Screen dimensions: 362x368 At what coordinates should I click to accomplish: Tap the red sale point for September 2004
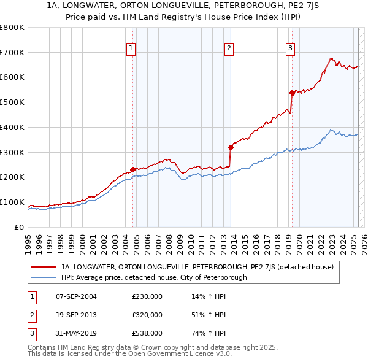click(x=132, y=169)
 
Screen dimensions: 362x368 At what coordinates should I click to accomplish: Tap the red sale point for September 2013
click(x=231, y=147)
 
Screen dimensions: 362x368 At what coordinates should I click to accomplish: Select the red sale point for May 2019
click(x=292, y=93)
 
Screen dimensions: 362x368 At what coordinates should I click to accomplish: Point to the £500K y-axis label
click(x=12, y=102)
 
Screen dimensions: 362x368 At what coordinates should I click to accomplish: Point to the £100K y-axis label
click(x=12, y=202)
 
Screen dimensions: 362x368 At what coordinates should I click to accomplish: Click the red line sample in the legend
click(x=43, y=267)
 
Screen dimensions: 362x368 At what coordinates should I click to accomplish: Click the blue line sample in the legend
click(x=43, y=277)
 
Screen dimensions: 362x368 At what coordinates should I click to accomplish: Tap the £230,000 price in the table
click(x=147, y=296)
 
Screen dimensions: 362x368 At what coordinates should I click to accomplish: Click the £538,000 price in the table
click(x=147, y=333)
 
